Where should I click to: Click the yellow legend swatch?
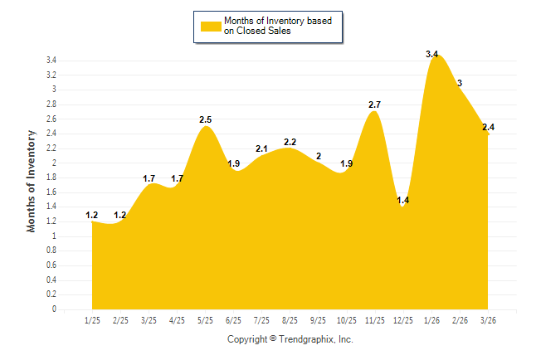[x=210, y=26]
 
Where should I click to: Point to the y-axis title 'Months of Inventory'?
[x=32, y=180]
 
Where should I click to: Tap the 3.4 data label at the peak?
[x=431, y=54]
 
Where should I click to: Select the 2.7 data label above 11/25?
[x=374, y=105]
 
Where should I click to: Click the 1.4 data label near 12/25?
[x=404, y=200]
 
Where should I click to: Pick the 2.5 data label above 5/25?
[x=206, y=120]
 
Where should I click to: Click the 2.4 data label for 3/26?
[x=488, y=127]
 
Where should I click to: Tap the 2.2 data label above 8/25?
[x=290, y=142]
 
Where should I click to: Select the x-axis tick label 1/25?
[x=93, y=319]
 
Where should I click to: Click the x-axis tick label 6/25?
[x=234, y=319]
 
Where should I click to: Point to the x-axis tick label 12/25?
[x=403, y=319]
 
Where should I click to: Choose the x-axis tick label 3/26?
[x=488, y=319]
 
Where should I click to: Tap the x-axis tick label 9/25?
[x=319, y=319]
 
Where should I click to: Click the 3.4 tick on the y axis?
[x=51, y=61]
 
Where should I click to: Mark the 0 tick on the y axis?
[x=54, y=309]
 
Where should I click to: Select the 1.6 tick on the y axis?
[x=51, y=192]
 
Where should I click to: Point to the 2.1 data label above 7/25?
[x=261, y=148]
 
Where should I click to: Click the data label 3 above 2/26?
[x=460, y=83]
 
